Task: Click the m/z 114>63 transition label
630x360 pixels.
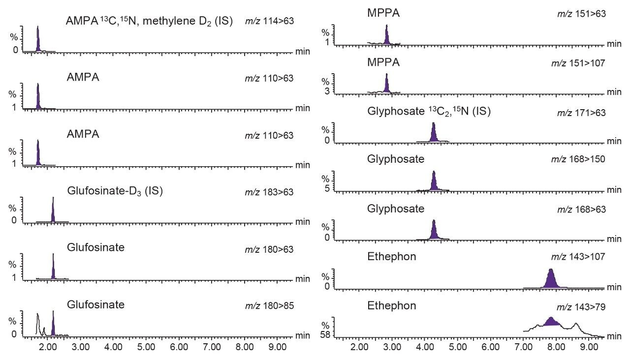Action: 269,22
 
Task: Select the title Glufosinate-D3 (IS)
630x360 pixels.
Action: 115,191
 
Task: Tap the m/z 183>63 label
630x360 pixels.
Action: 269,192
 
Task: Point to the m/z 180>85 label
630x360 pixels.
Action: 269,306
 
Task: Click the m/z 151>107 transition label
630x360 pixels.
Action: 581,63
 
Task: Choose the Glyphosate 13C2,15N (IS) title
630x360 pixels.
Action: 429,112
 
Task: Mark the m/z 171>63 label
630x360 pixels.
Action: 581,114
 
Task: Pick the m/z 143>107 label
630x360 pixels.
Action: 581,258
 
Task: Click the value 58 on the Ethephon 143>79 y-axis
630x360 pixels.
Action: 325,335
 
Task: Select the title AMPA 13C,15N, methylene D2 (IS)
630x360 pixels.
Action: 150,22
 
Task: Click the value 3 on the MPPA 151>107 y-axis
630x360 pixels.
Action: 327,91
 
